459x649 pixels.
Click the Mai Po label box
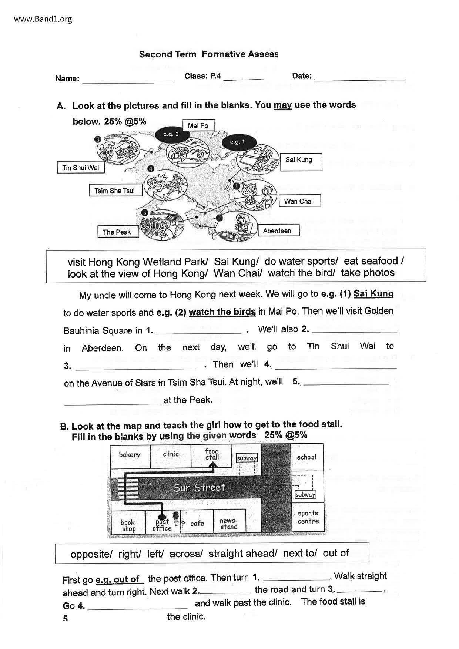(x=198, y=126)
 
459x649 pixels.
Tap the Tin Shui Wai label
(x=81, y=168)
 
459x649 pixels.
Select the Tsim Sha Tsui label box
(x=115, y=191)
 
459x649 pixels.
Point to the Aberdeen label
(x=277, y=231)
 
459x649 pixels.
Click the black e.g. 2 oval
(x=171, y=134)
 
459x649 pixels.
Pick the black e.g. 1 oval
(x=238, y=142)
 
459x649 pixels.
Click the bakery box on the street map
(x=130, y=455)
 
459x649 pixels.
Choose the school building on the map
(x=307, y=457)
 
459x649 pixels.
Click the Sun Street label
(x=199, y=488)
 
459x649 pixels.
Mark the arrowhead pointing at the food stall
(x=213, y=465)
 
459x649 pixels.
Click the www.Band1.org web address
(x=43, y=19)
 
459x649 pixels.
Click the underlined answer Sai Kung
(x=373, y=294)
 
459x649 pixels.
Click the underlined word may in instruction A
(x=282, y=105)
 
